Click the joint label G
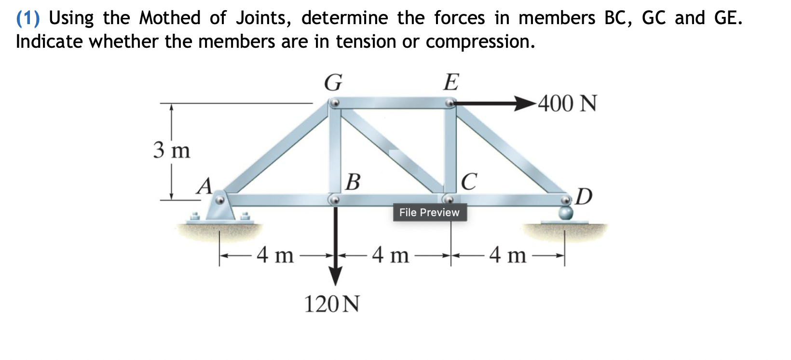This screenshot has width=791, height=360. pos(333,83)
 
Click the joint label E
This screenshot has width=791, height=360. pos(451,82)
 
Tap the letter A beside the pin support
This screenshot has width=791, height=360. pos(205,186)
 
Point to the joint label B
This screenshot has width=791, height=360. pos(353,182)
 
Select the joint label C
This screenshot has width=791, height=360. pos(469,182)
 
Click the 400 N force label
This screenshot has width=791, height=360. pos(567,103)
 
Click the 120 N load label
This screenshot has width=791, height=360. pos(332,305)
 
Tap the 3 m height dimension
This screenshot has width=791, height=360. pos(172,151)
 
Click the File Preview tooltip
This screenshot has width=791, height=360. pos(429,212)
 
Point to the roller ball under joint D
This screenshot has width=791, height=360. pos(565,213)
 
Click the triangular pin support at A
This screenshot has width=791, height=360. pos(220,209)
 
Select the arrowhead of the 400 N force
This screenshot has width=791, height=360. pos(525,103)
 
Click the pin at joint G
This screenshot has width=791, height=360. pos(334,103)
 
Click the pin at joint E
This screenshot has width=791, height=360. pos(450,103)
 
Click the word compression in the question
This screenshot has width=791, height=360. pos(480,42)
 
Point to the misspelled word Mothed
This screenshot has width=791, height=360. pos(170,18)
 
